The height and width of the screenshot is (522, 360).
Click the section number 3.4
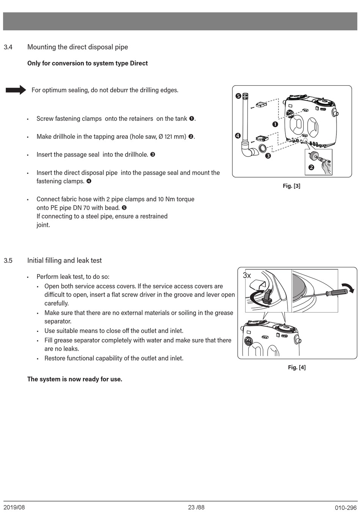coord(8,47)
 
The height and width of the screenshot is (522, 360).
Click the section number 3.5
coord(8,261)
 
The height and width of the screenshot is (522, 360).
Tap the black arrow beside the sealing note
coord(16,90)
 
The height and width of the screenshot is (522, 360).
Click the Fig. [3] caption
coord(291,186)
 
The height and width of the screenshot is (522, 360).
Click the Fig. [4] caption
coord(297,367)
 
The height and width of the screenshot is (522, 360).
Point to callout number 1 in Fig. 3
coord(275,124)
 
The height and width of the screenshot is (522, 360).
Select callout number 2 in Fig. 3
coord(311,167)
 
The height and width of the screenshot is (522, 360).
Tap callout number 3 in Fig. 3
coord(268,156)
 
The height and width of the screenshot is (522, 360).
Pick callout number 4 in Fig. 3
coord(238,136)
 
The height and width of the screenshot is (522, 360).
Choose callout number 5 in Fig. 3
coord(238,96)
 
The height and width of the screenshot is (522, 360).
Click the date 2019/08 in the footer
coord(14,507)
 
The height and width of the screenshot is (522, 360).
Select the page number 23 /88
coord(196,507)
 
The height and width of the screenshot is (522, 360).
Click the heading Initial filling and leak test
coord(64,261)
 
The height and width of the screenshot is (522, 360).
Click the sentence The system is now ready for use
coord(75,379)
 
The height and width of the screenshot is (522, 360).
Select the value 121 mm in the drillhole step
coord(175,137)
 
